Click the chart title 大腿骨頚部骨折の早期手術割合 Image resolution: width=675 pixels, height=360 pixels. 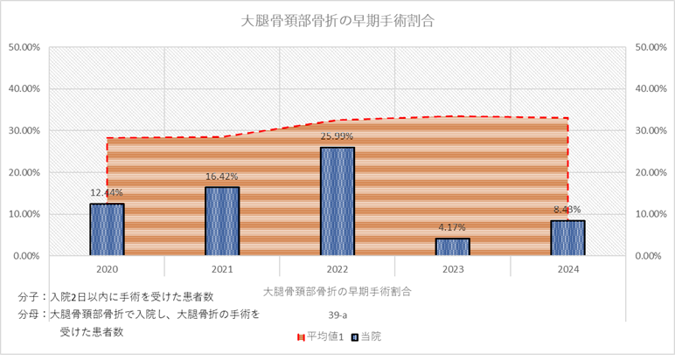pos(337,20)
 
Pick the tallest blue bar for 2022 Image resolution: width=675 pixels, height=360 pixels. pos(337,201)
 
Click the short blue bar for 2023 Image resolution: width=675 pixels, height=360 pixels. pos(453,246)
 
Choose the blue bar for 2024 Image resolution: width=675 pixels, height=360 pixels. pos(568,238)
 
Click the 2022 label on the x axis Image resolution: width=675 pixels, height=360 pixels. pos(337,271)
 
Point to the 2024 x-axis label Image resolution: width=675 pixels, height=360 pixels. pos(568,271)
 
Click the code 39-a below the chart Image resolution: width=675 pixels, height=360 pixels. pos(337,312)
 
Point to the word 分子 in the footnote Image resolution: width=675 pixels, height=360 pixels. pos(28,296)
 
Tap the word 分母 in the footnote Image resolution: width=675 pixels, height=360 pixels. pos(28,314)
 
